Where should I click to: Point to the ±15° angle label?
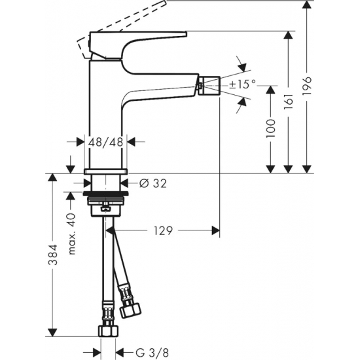[242, 84]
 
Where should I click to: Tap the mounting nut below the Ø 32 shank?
[107, 199]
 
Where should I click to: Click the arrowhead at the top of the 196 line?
[307, 5]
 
